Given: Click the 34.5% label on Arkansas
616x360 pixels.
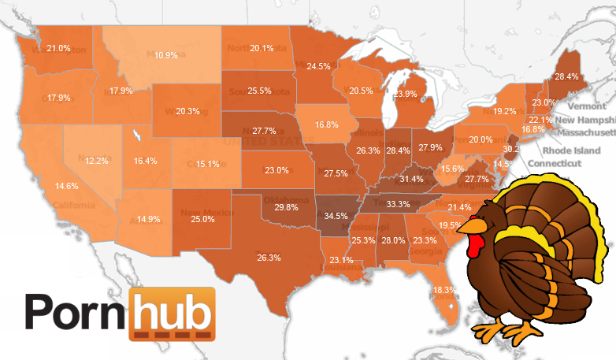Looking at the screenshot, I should pyautogui.click(x=336, y=215).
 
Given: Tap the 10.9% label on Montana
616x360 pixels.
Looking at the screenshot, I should pyautogui.click(x=165, y=55).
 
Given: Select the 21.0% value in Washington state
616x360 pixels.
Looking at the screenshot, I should pyautogui.click(x=58, y=49).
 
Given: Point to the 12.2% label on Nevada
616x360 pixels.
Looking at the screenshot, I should pyautogui.click(x=97, y=161).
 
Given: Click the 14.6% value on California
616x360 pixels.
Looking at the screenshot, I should pyautogui.click(x=66, y=187).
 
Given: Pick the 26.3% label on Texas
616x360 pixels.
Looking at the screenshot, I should pyautogui.click(x=269, y=258).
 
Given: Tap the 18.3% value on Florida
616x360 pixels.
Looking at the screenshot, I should pyautogui.click(x=443, y=290).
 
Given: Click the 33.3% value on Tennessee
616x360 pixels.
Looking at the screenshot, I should pyautogui.click(x=398, y=204).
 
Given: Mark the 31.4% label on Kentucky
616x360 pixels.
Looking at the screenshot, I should pyautogui.click(x=411, y=180).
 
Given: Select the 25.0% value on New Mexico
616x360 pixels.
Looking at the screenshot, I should pyautogui.click(x=202, y=219).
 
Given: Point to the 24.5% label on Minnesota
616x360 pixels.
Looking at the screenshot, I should pyautogui.click(x=318, y=66).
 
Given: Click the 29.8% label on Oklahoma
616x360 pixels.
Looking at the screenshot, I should pyautogui.click(x=286, y=207).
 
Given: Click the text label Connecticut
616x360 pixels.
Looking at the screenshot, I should pyautogui.click(x=556, y=163).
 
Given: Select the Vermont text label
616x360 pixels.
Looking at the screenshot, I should pyautogui.click(x=587, y=106).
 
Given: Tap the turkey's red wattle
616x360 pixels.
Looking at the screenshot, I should pyautogui.click(x=474, y=246).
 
